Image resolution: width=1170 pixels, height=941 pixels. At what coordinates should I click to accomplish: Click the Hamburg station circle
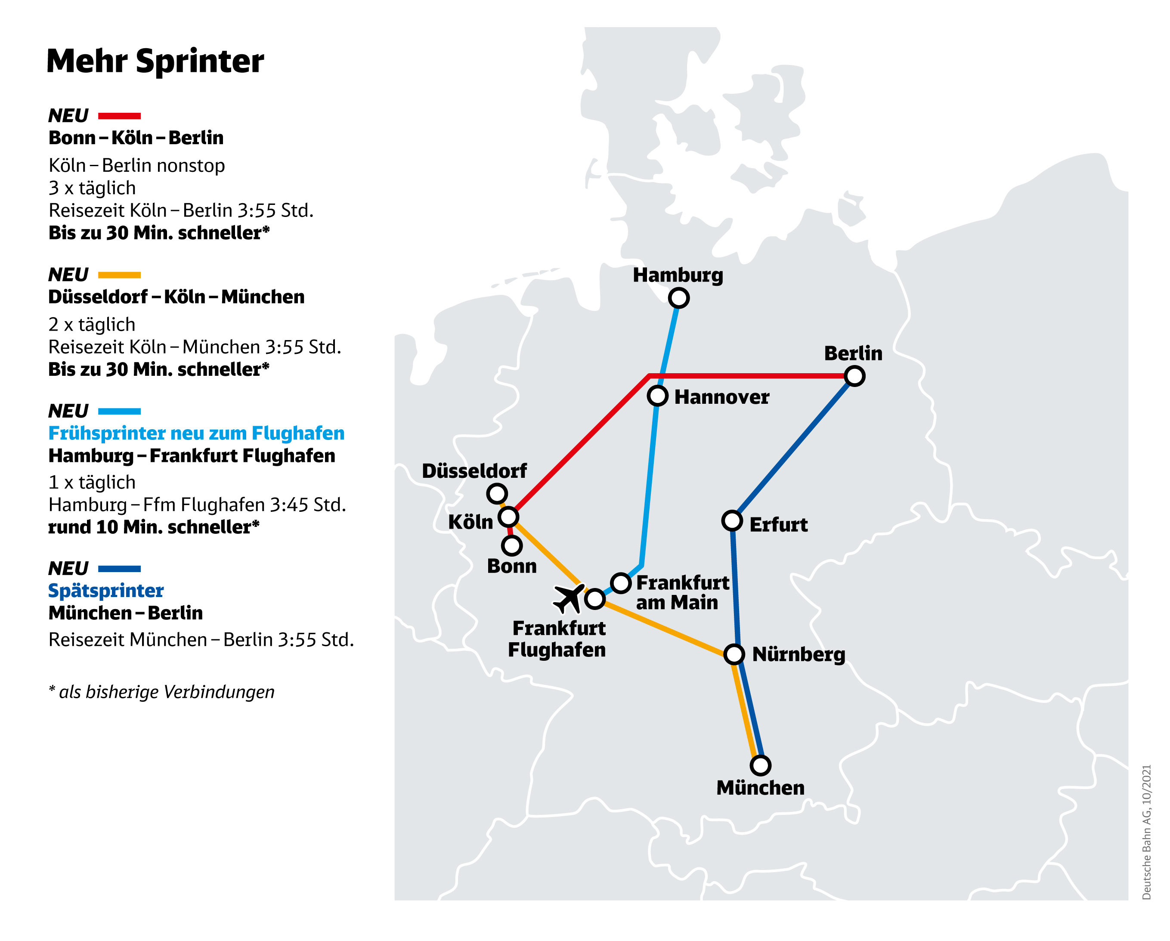679,298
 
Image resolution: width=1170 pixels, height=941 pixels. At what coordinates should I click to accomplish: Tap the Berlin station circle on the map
855,375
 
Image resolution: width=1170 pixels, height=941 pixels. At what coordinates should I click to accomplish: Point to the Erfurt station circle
732,520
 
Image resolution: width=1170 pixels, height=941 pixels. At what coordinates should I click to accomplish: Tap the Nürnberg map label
798,654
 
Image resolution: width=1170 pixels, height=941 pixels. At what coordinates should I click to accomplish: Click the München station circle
760,765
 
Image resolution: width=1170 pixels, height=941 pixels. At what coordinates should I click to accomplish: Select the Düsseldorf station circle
497,493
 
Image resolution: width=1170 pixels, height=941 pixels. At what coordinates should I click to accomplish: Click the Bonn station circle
512,545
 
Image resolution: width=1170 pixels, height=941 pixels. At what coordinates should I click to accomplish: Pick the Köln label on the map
470,522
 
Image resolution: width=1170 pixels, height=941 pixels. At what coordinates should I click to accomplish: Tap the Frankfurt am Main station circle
621,583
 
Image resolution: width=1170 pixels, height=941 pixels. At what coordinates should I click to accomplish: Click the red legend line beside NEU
119,116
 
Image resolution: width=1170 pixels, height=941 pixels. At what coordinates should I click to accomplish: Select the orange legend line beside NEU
119,275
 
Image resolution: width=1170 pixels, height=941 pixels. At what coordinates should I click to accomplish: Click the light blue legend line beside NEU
119,412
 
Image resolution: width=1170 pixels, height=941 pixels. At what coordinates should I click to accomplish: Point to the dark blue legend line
119,569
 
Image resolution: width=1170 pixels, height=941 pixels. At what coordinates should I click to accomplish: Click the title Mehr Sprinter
155,61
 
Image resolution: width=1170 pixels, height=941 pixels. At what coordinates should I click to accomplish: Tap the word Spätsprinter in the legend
106,591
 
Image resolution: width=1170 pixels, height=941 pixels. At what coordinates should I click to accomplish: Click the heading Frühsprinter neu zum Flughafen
196,433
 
